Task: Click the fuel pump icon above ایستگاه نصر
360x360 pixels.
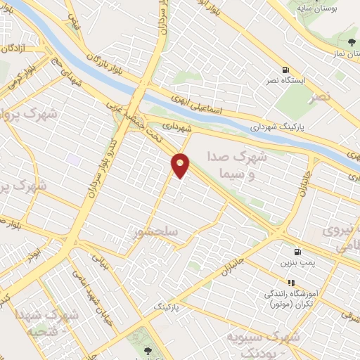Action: point(285,70)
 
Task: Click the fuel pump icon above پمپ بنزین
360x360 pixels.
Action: point(298,252)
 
